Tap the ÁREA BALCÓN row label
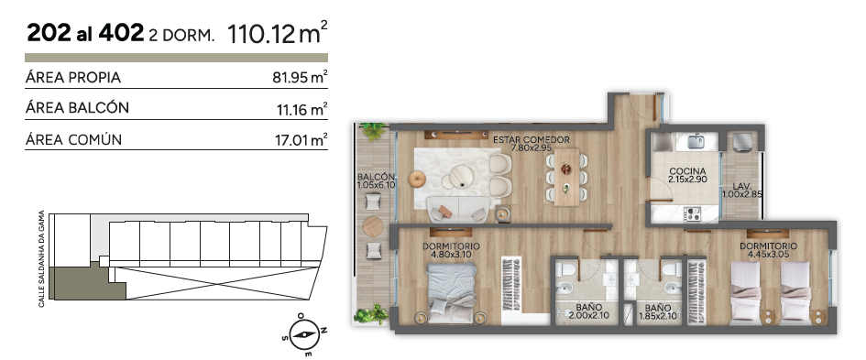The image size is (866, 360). pos(77,108)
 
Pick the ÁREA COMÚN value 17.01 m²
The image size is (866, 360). pos(301,140)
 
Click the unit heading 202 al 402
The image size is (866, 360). pos(85,34)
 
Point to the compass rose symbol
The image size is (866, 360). pos(303,334)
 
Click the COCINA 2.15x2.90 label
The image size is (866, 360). pos(687,175)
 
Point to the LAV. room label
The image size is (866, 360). pos(743,190)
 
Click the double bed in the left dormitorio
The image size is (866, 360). pos(452,292)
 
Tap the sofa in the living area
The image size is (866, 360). pos(458,210)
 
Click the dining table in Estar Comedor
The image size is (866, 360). pos(566,177)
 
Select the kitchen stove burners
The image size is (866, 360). pos(693,213)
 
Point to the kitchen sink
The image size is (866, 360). pos(697,141)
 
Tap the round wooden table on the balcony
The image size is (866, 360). pos(373,226)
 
